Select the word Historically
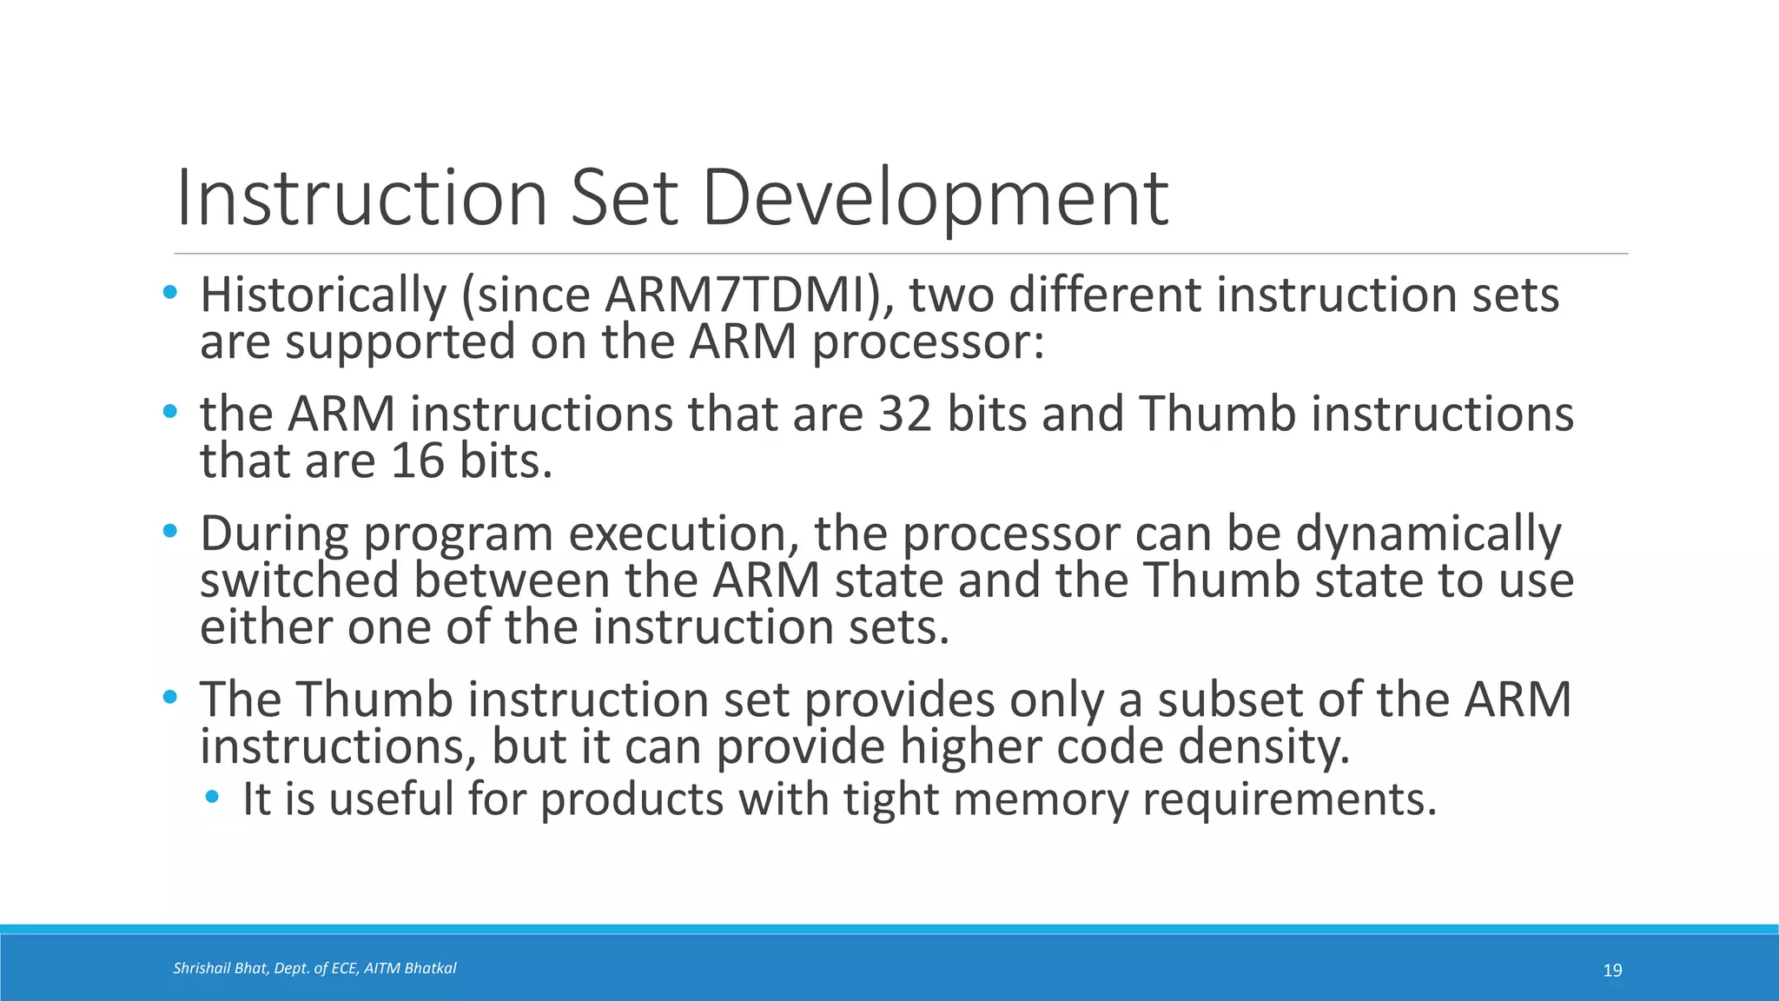pyautogui.click(x=322, y=295)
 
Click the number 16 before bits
pyautogui.click(x=417, y=461)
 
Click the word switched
pyautogui.click(x=299, y=580)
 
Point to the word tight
pyautogui.click(x=891, y=799)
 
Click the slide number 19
pyautogui.click(x=1612, y=971)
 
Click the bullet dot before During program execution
pyautogui.click(x=169, y=530)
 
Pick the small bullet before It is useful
pyautogui.click(x=212, y=796)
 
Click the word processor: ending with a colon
pyautogui.click(x=928, y=342)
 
